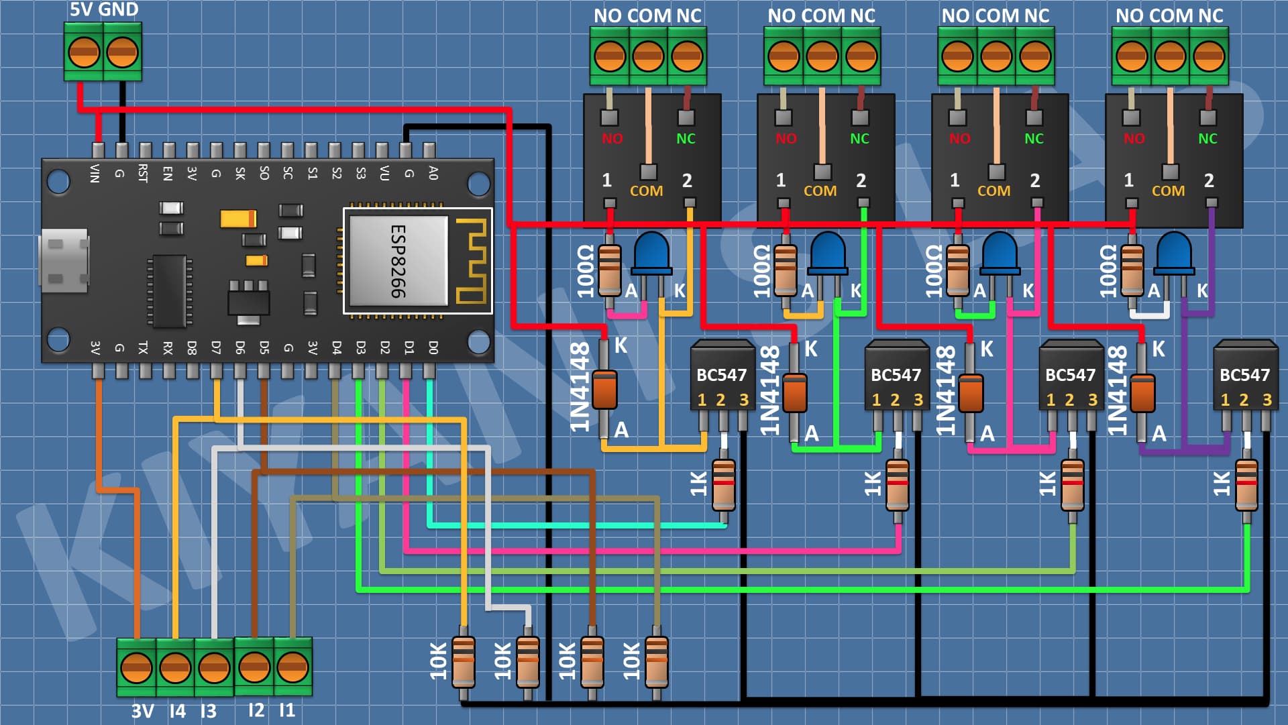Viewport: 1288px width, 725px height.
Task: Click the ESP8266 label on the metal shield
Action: pyautogui.click(x=398, y=261)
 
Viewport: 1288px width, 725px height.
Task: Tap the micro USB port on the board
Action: pyautogui.click(x=64, y=261)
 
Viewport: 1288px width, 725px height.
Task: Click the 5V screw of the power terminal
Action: pyautogui.click(x=84, y=52)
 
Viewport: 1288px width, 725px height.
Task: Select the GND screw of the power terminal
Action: pyautogui.click(x=122, y=52)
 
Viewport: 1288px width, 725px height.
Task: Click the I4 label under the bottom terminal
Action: pyautogui.click(x=177, y=711)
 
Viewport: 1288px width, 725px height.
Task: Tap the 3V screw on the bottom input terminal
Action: pyautogui.click(x=136, y=668)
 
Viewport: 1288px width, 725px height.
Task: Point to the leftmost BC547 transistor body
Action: pyautogui.click(x=722, y=376)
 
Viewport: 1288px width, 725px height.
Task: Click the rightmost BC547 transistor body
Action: pyautogui.click(x=1245, y=376)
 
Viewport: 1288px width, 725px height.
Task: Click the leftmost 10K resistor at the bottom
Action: pyautogui.click(x=464, y=661)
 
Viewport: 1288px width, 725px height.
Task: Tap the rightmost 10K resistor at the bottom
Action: pyautogui.click(x=656, y=661)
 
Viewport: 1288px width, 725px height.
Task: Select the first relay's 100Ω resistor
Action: pyautogui.click(x=609, y=270)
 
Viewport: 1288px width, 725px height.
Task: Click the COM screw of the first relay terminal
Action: pyautogui.click(x=648, y=56)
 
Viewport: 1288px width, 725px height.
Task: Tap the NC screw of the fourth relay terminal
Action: pyautogui.click(x=1209, y=56)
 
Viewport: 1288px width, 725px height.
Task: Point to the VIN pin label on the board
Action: pyautogui.click(x=95, y=173)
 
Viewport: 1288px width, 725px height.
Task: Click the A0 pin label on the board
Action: pyautogui.click(x=433, y=173)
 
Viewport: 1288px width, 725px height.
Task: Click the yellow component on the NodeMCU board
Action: pyautogui.click(x=238, y=219)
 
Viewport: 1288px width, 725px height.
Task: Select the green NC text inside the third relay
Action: pyautogui.click(x=1034, y=139)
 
